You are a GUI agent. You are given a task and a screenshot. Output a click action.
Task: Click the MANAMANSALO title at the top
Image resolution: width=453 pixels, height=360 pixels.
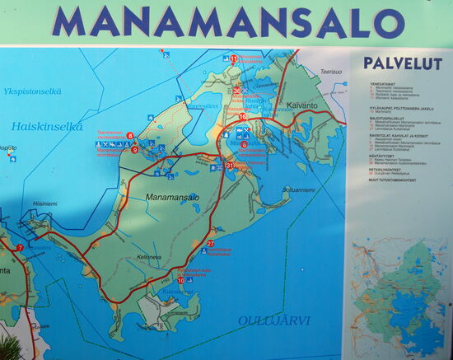coord(227,22)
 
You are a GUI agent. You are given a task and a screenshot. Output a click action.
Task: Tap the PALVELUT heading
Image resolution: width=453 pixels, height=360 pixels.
coord(403,63)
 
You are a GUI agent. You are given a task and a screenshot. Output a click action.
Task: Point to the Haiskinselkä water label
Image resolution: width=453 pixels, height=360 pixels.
coord(48,127)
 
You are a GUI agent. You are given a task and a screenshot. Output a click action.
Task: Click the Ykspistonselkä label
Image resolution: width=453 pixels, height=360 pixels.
coord(33,91)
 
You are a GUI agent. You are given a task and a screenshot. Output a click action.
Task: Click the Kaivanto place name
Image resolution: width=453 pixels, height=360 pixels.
coord(307,105)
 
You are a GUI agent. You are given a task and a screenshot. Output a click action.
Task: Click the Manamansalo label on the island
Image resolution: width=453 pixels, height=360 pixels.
coord(172,198)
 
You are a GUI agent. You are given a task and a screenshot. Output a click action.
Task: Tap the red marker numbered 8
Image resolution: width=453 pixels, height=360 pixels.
coord(130,135)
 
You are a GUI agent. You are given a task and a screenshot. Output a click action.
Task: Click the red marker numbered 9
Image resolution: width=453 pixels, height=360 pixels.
coord(134,150)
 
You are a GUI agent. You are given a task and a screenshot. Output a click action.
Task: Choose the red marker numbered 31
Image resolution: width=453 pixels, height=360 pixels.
coord(229,166)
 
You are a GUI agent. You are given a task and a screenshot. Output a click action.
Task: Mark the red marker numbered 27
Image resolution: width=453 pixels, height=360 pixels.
coord(211,243)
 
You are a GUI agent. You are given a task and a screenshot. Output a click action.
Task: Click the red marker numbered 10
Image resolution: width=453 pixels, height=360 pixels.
coord(180,280)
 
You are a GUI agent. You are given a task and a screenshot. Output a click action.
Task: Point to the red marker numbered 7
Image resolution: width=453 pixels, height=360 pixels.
coord(19,247)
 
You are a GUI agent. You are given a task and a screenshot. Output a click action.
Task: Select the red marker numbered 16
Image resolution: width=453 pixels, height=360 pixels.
coord(242,117)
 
